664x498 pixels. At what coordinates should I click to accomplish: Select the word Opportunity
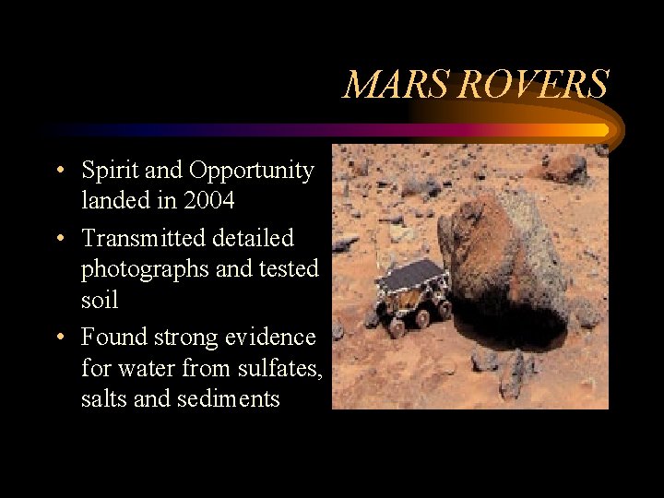tap(251, 172)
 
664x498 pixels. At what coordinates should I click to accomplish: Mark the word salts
tap(102, 398)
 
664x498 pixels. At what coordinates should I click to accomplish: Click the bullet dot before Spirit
tap(59, 172)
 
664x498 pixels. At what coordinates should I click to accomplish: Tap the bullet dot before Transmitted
tap(59, 239)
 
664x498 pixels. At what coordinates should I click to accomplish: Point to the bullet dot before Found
tap(59, 338)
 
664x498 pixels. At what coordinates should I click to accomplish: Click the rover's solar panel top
tap(410, 274)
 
